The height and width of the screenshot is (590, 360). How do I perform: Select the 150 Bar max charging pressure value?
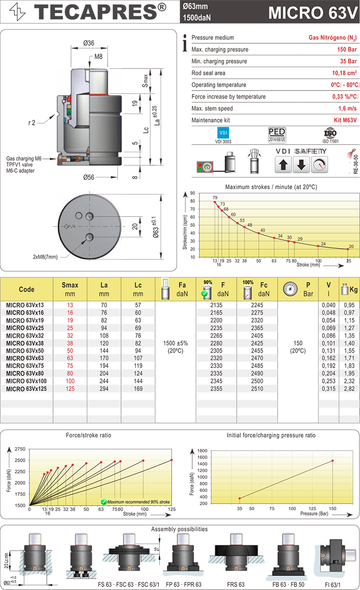347,50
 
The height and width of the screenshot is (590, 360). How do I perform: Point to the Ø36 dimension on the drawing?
89,43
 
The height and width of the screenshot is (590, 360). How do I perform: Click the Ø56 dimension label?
89,177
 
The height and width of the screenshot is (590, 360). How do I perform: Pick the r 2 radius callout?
30,123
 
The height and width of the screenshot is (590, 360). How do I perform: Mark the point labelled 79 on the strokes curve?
215,202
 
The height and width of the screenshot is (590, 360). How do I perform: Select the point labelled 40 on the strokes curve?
258,233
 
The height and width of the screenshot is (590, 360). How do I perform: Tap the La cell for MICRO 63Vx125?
104,389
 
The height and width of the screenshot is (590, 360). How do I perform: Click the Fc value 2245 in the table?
257,304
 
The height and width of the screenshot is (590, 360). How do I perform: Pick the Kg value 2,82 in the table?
349,389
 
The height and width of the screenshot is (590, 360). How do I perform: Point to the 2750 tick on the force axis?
19,449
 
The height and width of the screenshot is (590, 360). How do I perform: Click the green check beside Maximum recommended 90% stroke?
103,501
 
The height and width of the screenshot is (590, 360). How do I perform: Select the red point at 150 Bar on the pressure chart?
333,460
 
